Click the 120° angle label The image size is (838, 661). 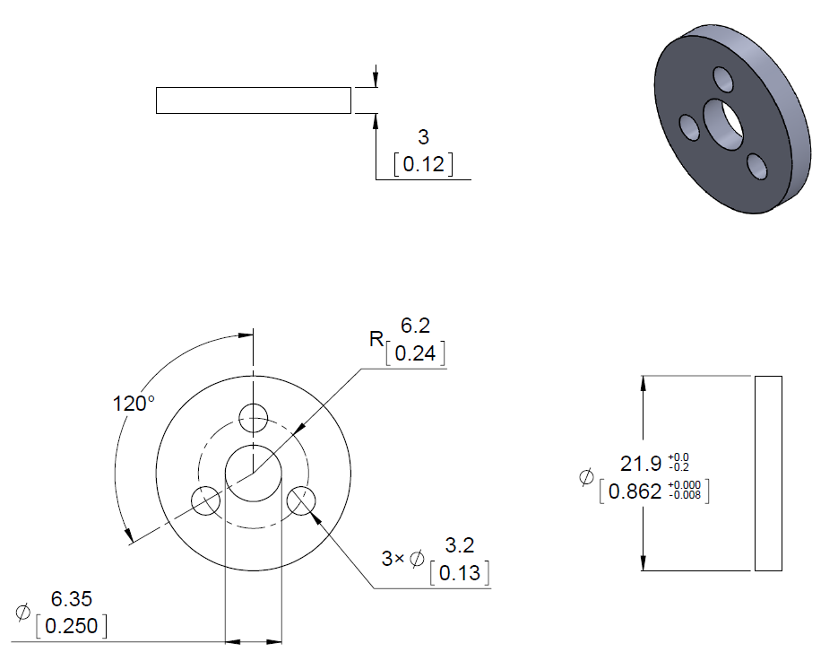134,404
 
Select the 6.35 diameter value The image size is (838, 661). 72,599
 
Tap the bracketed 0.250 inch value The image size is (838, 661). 72,626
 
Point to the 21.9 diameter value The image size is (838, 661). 641,463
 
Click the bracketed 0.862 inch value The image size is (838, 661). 635,491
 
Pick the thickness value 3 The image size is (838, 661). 423,137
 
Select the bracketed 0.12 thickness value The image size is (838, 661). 423,164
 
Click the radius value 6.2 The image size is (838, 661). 415,326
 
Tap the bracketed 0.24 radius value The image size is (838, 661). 415,353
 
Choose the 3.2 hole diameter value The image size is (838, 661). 460,545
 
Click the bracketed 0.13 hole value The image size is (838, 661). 460,573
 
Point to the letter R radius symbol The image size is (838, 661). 376,338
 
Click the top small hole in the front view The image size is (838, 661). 254,418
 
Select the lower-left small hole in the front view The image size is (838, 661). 206,501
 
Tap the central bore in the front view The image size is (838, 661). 254,474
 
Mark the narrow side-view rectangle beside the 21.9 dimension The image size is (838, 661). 768,474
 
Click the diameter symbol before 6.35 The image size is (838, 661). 22,613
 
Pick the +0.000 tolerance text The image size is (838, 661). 685,485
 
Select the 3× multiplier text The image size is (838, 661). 393,559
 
